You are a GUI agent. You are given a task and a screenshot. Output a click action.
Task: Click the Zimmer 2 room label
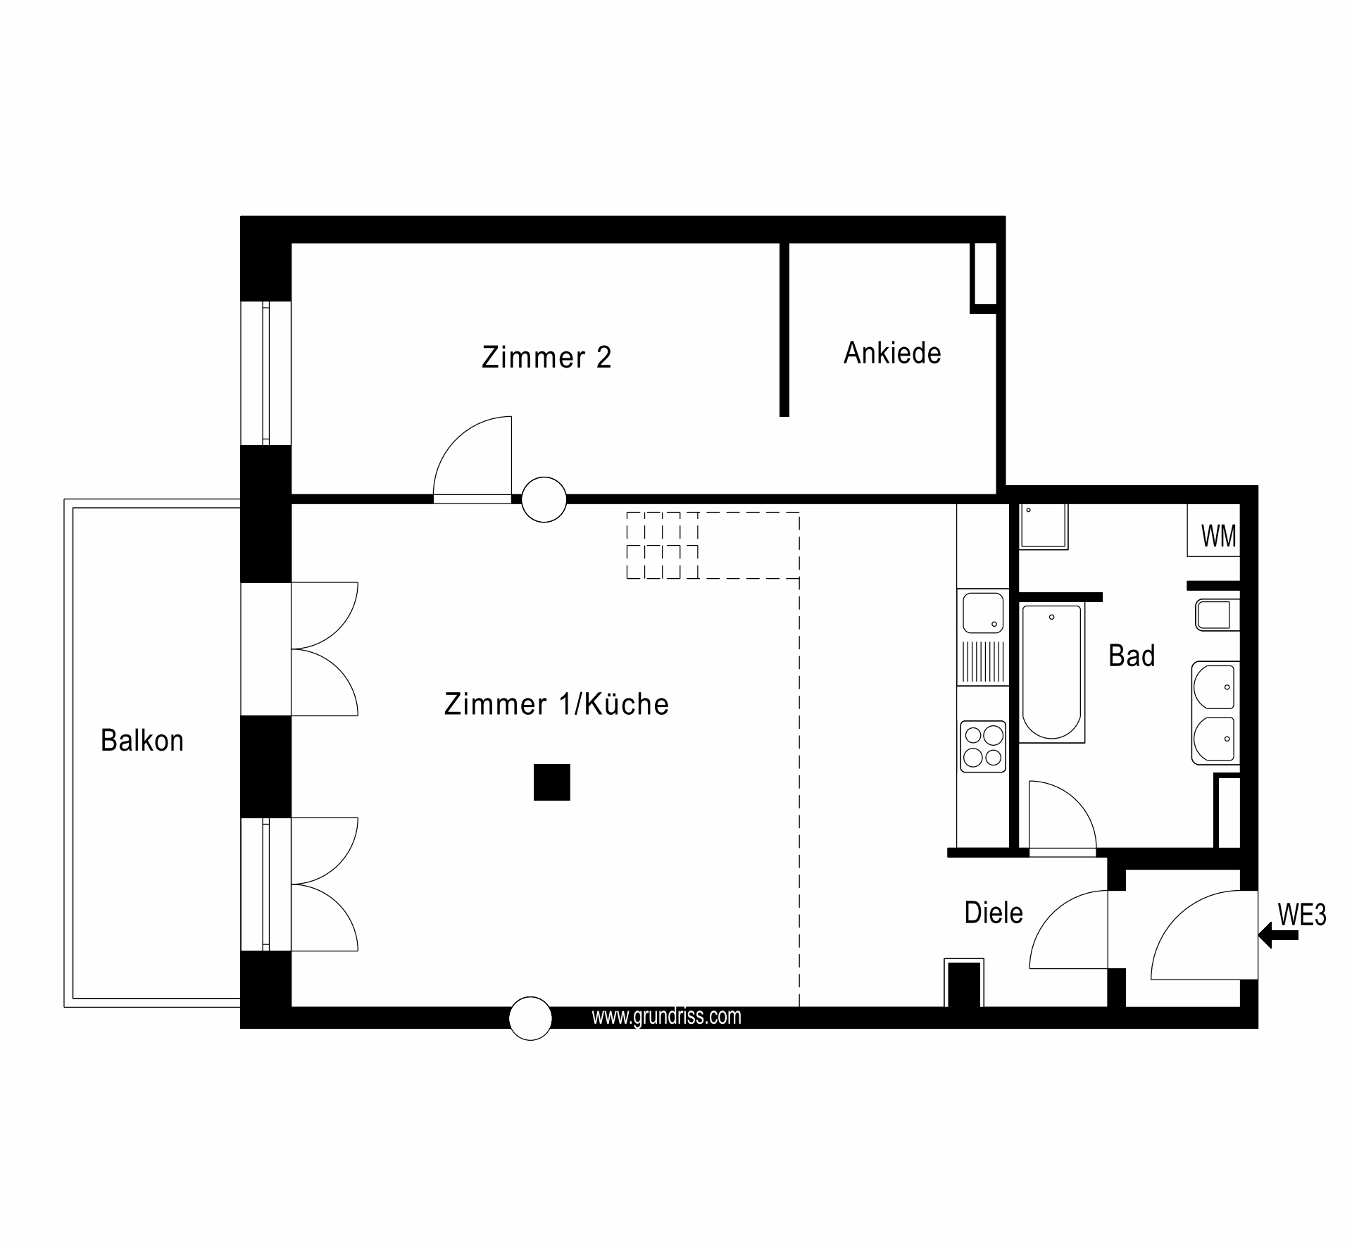point(546,357)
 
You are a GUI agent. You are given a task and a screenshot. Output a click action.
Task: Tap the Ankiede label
point(892,353)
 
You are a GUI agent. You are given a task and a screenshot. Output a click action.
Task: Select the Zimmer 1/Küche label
point(556,703)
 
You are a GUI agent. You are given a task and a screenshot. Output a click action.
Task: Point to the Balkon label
point(142,740)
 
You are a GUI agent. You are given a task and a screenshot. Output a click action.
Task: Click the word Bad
point(1132,656)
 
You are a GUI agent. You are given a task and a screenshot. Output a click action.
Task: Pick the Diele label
point(994,913)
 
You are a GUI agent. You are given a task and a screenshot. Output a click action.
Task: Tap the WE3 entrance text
point(1302,914)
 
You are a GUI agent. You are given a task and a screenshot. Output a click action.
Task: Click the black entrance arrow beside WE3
point(1278,936)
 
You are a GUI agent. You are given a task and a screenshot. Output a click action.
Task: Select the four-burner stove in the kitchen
point(984,746)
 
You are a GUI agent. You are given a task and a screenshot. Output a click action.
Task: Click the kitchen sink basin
point(983,613)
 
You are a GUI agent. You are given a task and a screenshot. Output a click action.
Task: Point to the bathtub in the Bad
point(1051,674)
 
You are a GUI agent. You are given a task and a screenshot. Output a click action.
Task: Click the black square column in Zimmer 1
point(551,782)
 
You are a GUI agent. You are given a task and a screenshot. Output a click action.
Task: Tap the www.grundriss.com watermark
point(666,1016)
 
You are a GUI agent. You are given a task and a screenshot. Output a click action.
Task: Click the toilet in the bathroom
point(1216,615)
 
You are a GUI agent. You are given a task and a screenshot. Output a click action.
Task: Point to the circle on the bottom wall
point(530,1018)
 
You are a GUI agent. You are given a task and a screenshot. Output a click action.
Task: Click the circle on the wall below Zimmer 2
point(544,499)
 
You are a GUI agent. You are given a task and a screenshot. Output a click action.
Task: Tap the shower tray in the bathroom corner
point(1044,526)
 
